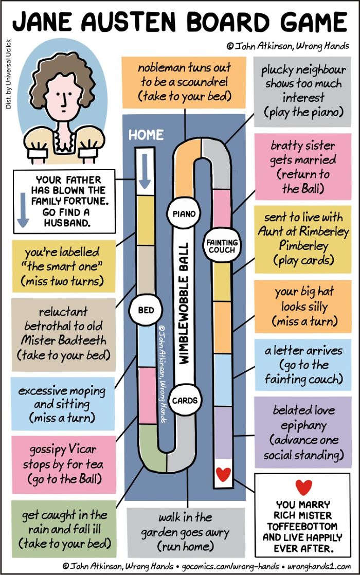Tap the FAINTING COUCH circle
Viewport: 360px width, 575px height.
tap(222, 246)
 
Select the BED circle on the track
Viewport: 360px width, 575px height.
tap(146, 310)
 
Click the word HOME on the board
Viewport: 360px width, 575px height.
tap(146, 135)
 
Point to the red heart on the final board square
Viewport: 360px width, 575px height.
tap(223, 475)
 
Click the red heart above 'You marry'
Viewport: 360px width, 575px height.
tap(303, 487)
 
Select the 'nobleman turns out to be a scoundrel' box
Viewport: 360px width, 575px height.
tap(184, 82)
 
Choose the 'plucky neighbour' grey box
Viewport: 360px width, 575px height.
tap(302, 91)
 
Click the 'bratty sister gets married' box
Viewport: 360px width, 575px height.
tap(302, 167)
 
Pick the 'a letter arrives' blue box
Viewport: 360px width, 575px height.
tap(303, 365)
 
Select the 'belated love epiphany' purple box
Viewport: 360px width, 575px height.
tap(303, 432)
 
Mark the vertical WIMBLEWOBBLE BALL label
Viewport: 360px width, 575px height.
tap(184, 302)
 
